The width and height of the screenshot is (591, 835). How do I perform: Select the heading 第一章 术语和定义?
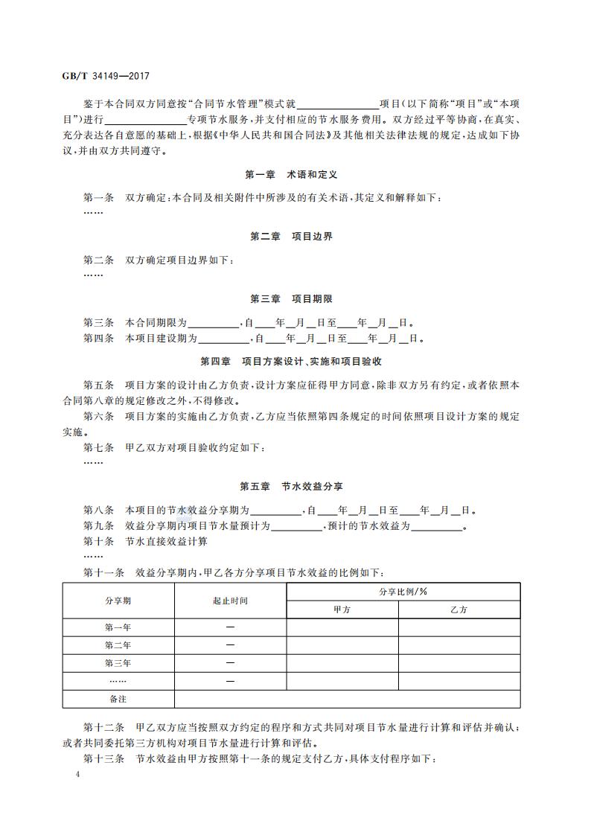(291, 174)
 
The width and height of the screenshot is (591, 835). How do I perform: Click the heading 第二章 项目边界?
(291, 237)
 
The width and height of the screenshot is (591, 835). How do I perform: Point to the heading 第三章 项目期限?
(291, 299)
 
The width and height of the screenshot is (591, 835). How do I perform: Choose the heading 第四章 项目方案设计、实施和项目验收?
(291, 361)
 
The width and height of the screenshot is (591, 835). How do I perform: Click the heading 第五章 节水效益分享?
(291, 487)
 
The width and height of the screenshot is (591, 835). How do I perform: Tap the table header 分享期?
(118, 601)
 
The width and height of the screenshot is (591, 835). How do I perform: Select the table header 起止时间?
(230, 601)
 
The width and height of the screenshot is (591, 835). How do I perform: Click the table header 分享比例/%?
(403, 592)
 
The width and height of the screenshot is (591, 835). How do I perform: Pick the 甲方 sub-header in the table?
(342, 610)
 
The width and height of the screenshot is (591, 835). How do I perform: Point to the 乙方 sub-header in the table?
(459, 610)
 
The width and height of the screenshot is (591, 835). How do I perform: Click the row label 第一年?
(118, 627)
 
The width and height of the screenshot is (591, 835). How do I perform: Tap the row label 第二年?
(118, 645)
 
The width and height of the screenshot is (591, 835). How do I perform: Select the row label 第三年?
(118, 663)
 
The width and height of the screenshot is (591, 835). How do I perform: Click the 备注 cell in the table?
(118, 700)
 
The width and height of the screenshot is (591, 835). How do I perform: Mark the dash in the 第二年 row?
(230, 645)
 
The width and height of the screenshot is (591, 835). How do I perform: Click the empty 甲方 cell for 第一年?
(342, 627)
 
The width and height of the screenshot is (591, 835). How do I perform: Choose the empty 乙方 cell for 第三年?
(459, 663)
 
